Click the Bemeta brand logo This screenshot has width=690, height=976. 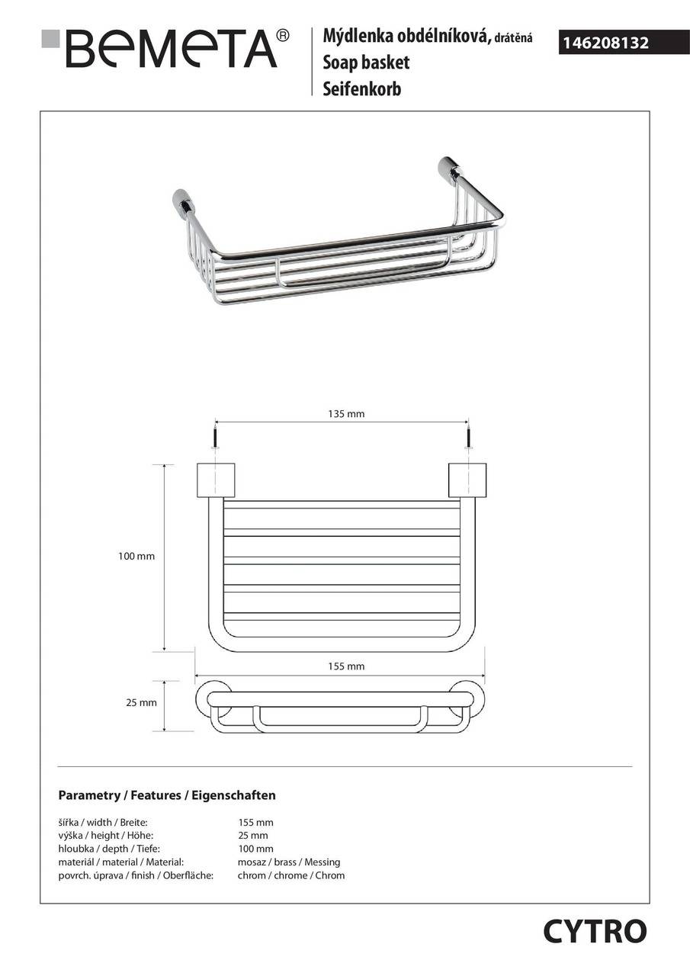click(x=168, y=49)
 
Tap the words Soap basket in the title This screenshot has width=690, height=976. click(x=366, y=63)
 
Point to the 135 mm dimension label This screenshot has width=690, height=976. click(x=346, y=414)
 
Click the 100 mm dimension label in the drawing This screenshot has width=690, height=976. click(x=136, y=557)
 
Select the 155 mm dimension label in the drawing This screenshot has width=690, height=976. click(x=346, y=666)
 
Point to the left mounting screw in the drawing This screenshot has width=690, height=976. click(x=216, y=441)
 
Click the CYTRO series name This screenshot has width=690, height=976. click(x=595, y=931)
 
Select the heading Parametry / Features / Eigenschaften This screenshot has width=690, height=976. click(x=167, y=795)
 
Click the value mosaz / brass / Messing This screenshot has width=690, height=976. click(x=289, y=862)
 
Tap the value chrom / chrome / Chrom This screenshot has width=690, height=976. click(x=291, y=875)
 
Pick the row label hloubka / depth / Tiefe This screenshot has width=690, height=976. click(x=109, y=849)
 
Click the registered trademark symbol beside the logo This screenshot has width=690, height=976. click(x=282, y=35)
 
